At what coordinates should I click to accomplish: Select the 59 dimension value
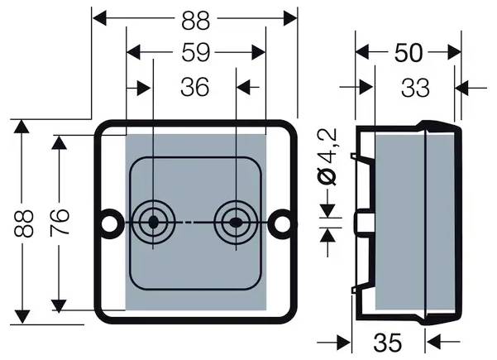pyautogui.click(x=194, y=52)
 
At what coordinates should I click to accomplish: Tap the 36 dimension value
pyautogui.click(x=194, y=87)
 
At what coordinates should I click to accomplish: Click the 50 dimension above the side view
pyautogui.click(x=408, y=52)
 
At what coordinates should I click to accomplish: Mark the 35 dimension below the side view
pyautogui.click(x=388, y=342)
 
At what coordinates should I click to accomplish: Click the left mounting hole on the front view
pyautogui.click(x=108, y=223)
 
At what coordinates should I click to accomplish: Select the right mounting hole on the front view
pyautogui.click(x=284, y=223)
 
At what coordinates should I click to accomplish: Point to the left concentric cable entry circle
pyautogui.click(x=153, y=223)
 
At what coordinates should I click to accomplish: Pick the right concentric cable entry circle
pyautogui.click(x=236, y=223)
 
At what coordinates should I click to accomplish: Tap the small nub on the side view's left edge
pyautogui.click(x=361, y=222)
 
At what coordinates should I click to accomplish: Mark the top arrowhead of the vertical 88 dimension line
pyautogui.click(x=22, y=127)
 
